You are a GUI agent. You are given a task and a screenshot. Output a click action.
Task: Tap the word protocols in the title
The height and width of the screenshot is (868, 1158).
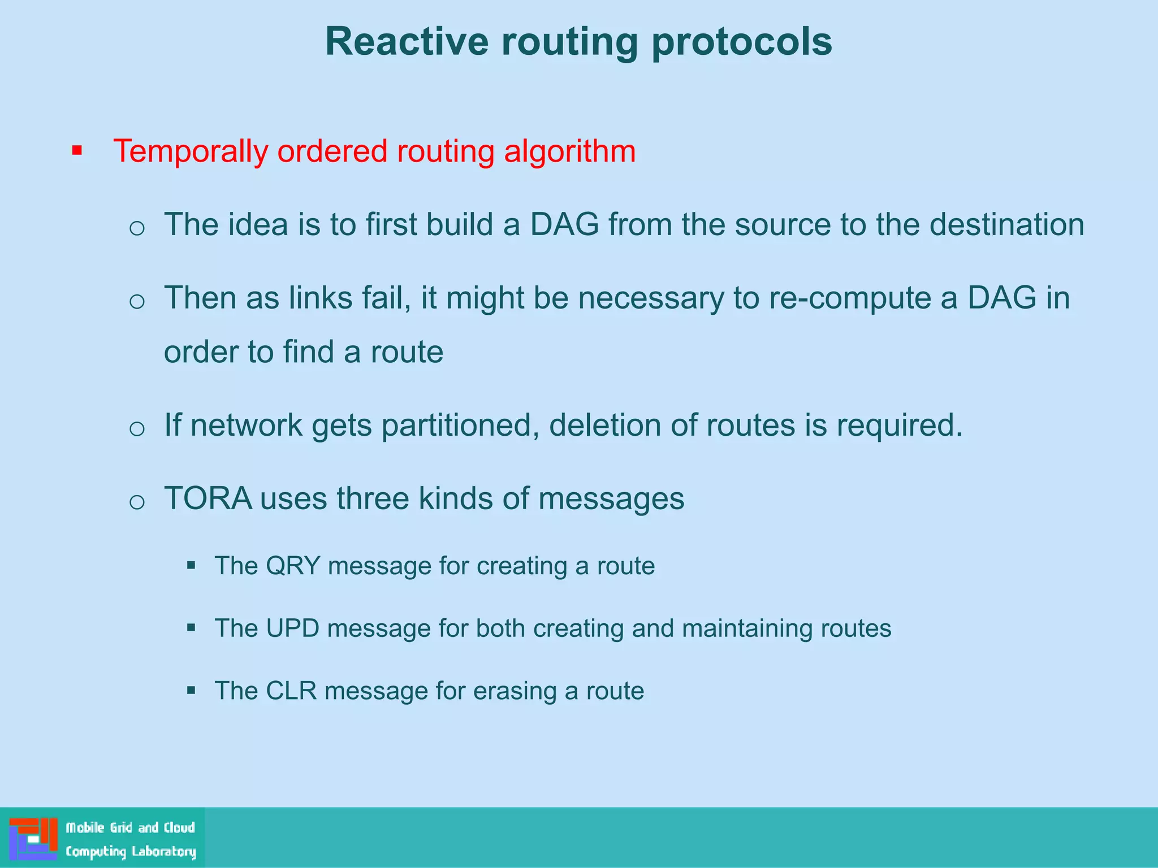pos(741,42)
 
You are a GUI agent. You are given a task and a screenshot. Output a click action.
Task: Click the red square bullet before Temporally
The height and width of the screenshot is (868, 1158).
pos(77,151)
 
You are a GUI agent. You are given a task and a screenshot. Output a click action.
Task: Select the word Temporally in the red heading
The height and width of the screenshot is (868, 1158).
pos(191,152)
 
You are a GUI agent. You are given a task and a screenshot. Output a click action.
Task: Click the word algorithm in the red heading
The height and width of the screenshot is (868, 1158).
pos(569,152)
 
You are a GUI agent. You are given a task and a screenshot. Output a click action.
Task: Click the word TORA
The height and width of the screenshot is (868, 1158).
pos(208,498)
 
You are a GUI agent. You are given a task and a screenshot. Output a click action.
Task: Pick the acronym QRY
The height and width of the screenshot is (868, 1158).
pos(293,566)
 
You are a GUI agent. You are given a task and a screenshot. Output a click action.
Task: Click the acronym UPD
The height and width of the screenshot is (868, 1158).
pos(292,628)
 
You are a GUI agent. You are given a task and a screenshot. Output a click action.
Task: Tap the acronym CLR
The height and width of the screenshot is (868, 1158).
pos(291,691)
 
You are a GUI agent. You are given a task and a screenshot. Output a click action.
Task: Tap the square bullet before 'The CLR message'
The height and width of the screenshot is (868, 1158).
pos(191,690)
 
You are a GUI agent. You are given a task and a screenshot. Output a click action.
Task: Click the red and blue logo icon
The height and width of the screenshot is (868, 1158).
pos(33,839)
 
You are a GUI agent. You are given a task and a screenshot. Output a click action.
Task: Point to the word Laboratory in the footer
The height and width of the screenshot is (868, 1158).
pos(164,851)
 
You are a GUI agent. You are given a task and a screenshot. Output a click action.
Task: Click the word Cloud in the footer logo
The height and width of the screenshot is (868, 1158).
pos(179,828)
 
